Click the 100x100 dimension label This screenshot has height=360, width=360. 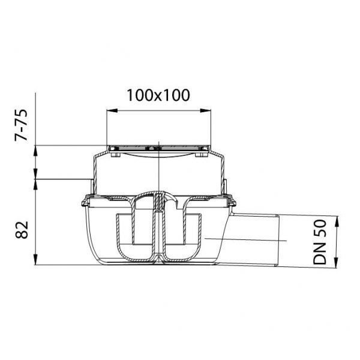pyautogui.click(x=158, y=95)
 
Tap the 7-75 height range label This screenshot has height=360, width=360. pyautogui.click(x=21, y=125)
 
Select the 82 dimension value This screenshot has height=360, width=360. pyautogui.click(x=22, y=230)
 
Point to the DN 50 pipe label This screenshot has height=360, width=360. pyautogui.click(x=319, y=242)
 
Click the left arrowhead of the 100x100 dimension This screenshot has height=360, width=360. pyautogui.click(x=112, y=110)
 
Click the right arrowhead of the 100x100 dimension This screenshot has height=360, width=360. pyautogui.click(x=205, y=110)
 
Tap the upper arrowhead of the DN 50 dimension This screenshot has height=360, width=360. pyautogui.click(x=337, y=221)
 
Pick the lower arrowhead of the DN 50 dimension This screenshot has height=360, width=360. pyautogui.click(x=336, y=262)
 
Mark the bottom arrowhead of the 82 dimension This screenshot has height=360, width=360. pyautogui.click(x=35, y=259)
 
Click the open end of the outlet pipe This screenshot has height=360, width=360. pyautogui.click(x=277, y=241)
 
